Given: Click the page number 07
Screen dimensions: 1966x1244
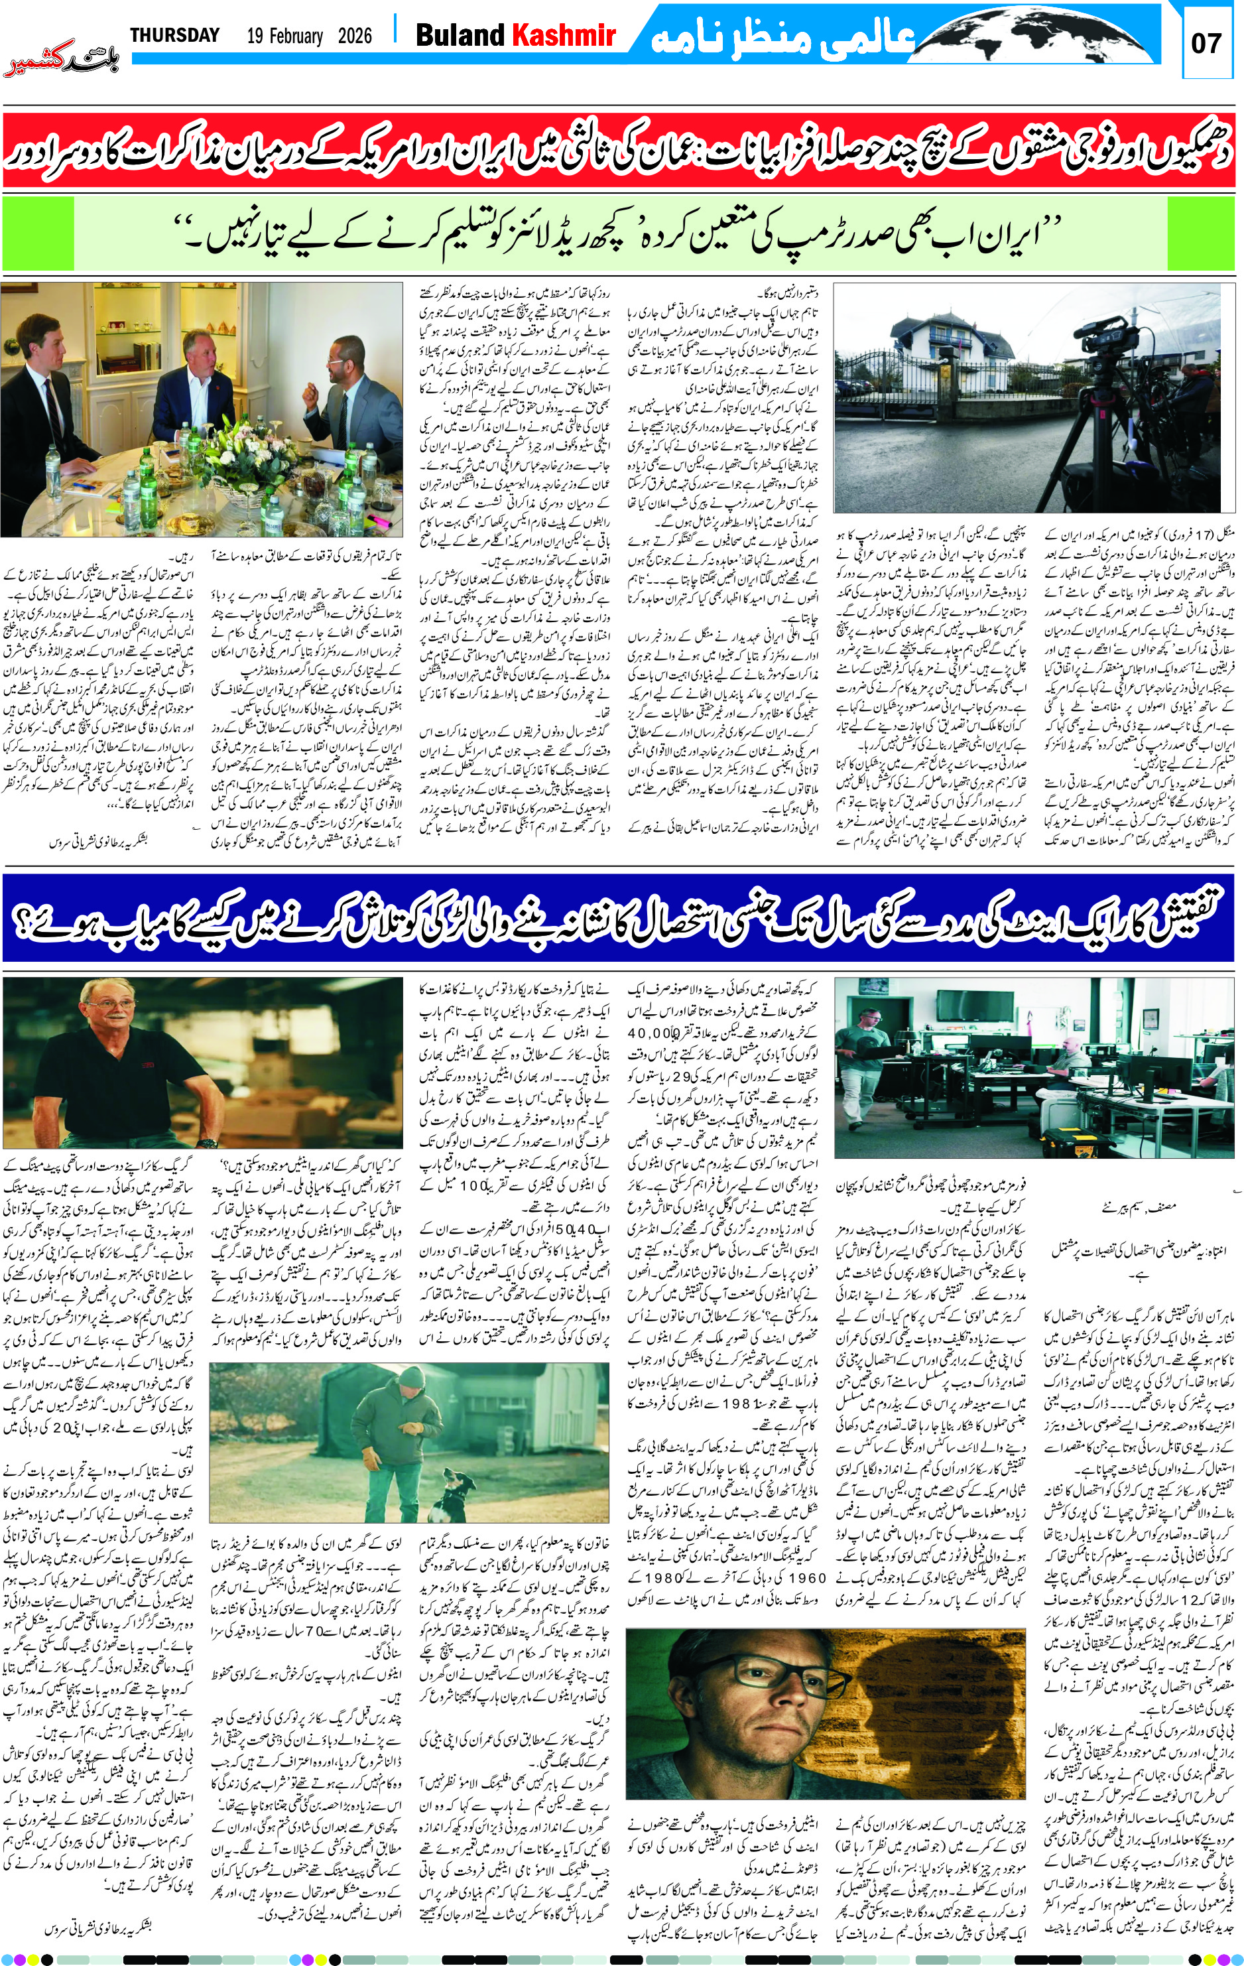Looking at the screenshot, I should [x=1206, y=43].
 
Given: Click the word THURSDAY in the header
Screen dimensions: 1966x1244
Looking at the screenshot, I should [x=174, y=35].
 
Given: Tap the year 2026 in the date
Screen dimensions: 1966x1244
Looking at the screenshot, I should [x=354, y=36].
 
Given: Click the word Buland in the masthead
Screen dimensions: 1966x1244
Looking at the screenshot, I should [x=460, y=35].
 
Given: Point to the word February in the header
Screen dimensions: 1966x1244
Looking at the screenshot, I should [x=285, y=36].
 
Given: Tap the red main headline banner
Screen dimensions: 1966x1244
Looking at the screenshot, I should [x=621, y=152].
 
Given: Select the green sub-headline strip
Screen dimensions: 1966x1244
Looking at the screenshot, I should [x=621, y=234].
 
